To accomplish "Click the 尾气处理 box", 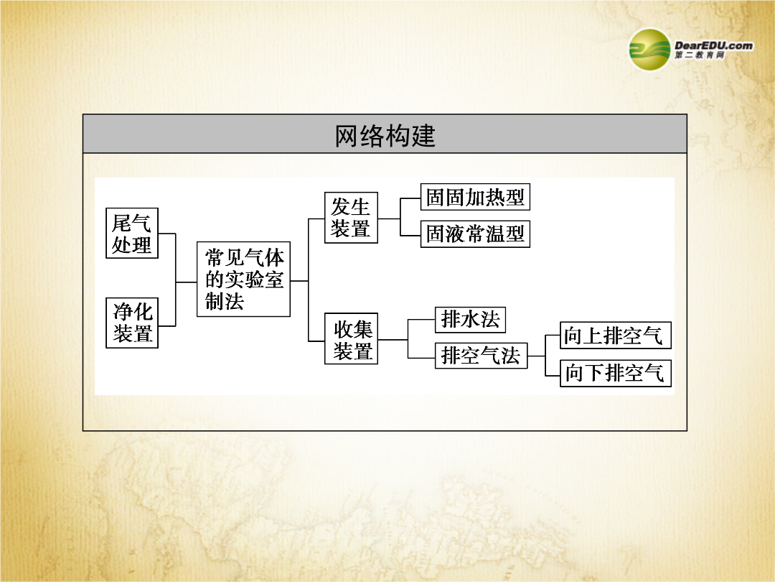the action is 132,233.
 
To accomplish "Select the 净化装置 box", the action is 132,323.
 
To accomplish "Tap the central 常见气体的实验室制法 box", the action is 244,279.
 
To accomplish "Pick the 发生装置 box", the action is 351,218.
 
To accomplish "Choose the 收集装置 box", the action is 351,338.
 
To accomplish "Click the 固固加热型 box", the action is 475,197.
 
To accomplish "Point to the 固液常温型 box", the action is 475,234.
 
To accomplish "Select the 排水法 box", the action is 470,319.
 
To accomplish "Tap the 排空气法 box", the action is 481,356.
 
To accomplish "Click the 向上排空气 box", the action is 616,336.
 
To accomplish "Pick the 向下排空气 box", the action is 616,373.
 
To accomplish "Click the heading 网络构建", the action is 385,136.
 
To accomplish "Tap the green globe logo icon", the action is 649,50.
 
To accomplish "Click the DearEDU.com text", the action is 714,45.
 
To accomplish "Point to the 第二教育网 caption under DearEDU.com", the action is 700,55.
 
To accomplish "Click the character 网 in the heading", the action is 347,136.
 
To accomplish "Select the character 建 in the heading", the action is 423,136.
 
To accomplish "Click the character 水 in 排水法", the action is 470,319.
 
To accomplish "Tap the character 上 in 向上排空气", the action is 593,336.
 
